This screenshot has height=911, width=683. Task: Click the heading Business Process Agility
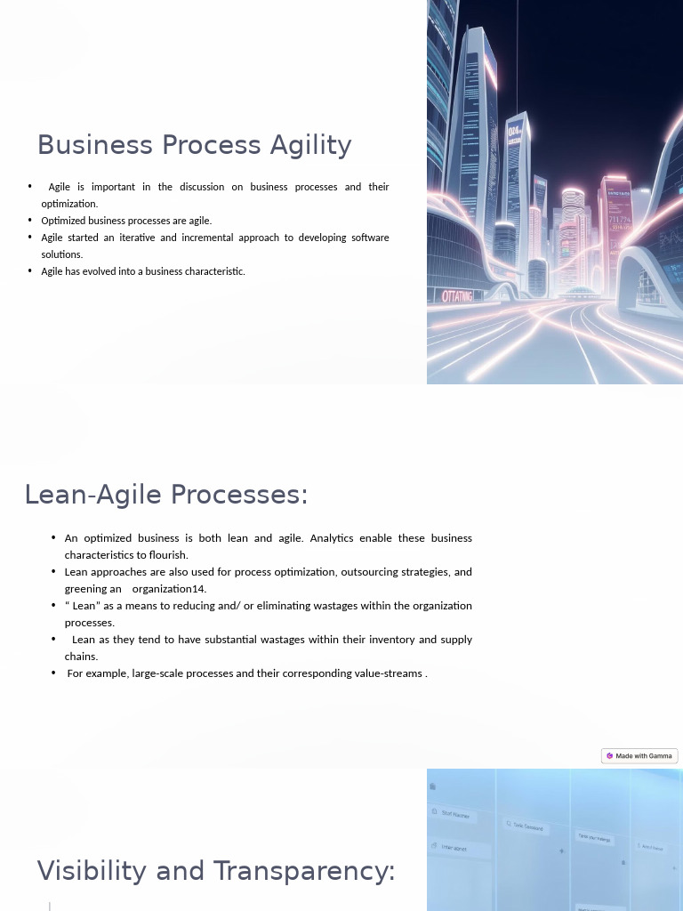tap(194, 145)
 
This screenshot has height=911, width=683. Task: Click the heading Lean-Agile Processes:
tap(165, 495)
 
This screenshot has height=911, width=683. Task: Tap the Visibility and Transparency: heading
tap(215, 871)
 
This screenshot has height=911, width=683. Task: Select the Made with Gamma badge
tap(639, 756)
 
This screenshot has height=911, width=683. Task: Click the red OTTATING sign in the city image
tap(458, 296)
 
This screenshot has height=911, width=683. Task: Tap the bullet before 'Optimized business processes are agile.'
tap(30, 221)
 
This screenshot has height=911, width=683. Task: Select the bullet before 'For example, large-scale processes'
tap(53, 673)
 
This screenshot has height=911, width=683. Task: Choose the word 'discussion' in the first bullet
tap(209, 187)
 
